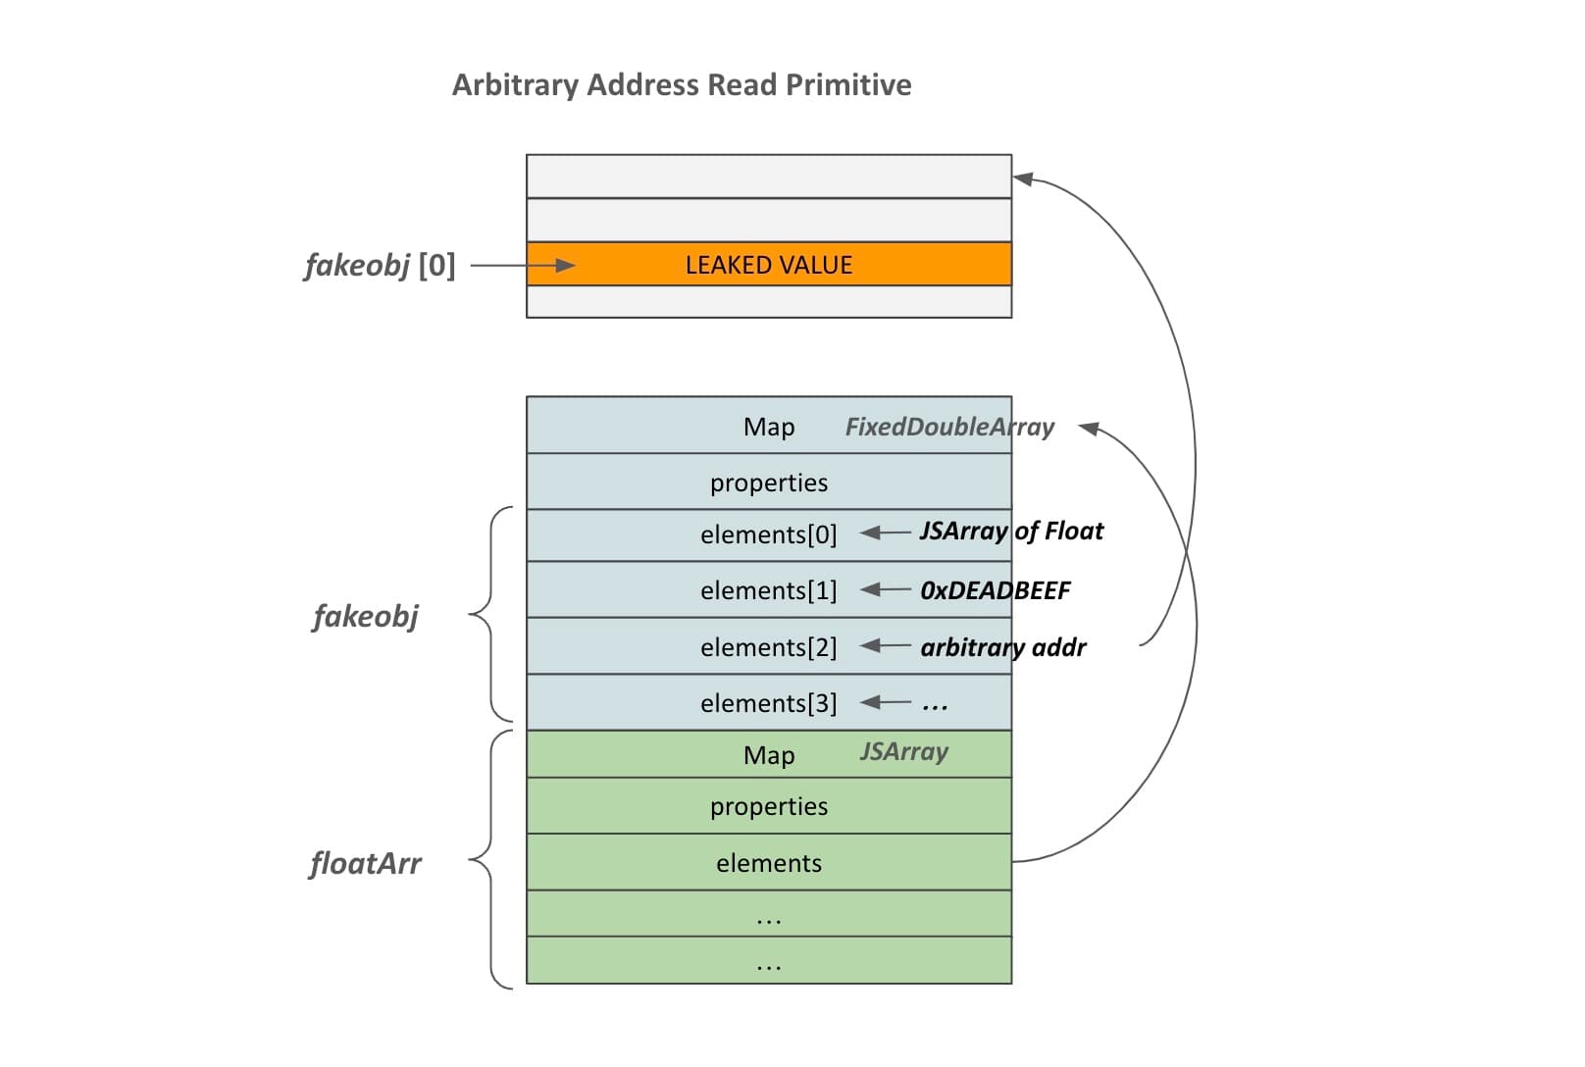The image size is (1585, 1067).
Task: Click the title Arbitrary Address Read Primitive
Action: pos(681,85)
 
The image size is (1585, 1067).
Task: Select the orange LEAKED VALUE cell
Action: pos(768,265)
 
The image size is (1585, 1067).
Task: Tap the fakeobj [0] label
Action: pos(380,265)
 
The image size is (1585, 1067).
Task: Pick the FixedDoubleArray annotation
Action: pos(948,427)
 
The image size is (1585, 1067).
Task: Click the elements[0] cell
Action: pos(768,534)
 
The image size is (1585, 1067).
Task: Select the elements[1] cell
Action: pos(768,590)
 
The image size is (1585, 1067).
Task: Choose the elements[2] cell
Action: pos(768,647)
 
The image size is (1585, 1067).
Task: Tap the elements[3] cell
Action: pos(768,703)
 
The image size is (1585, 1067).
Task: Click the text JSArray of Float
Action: pos(1010,532)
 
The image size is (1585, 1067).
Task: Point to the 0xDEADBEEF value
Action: pos(995,590)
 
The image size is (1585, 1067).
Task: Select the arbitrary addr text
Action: pos(1002,647)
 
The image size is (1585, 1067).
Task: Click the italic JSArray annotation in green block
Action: pos(903,752)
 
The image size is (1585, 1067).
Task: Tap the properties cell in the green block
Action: pos(768,806)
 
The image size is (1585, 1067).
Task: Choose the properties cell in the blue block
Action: pos(768,483)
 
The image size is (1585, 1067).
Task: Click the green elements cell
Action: pos(768,863)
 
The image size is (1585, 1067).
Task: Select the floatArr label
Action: pos(365,864)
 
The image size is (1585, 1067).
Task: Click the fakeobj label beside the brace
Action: pos(365,617)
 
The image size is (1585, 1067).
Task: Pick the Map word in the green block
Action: pos(768,755)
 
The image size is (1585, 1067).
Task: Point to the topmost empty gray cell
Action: pos(768,177)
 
